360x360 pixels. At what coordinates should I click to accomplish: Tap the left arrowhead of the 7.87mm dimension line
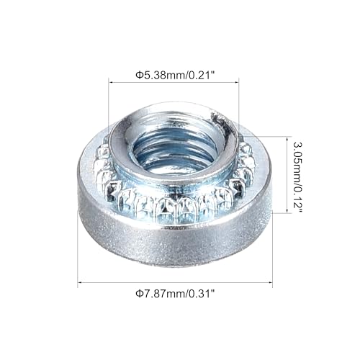(x=81, y=284)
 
